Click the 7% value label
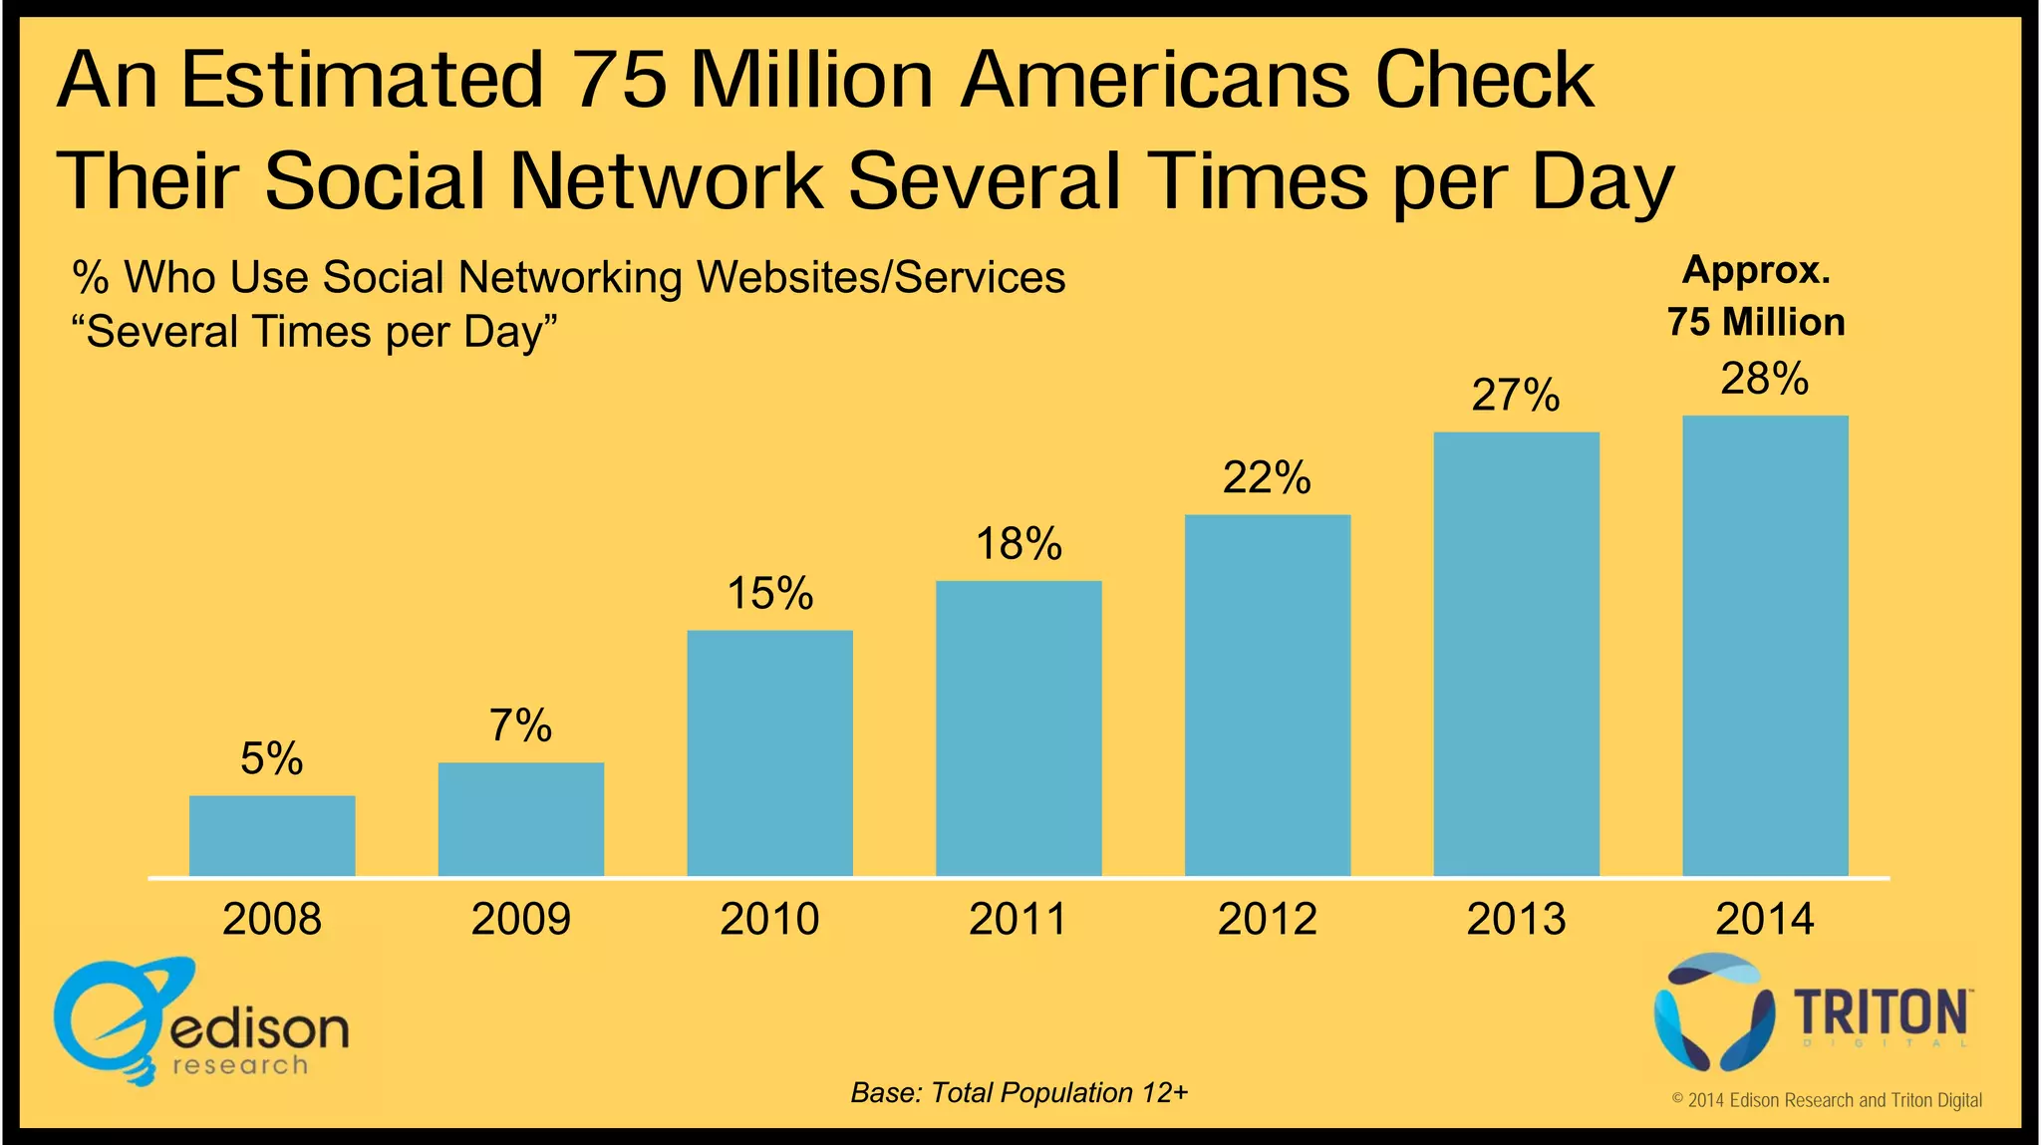pos(520,726)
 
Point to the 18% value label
pos(1019,544)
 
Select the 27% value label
pos(1516,396)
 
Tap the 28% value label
pos(1764,380)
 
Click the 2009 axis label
pos(520,919)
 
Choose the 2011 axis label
pos(1019,919)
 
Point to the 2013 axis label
pos(1516,919)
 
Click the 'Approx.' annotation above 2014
pos(1756,270)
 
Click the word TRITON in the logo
pos(1882,1013)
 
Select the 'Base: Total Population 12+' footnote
pos(1019,1093)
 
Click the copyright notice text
pos(1826,1100)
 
